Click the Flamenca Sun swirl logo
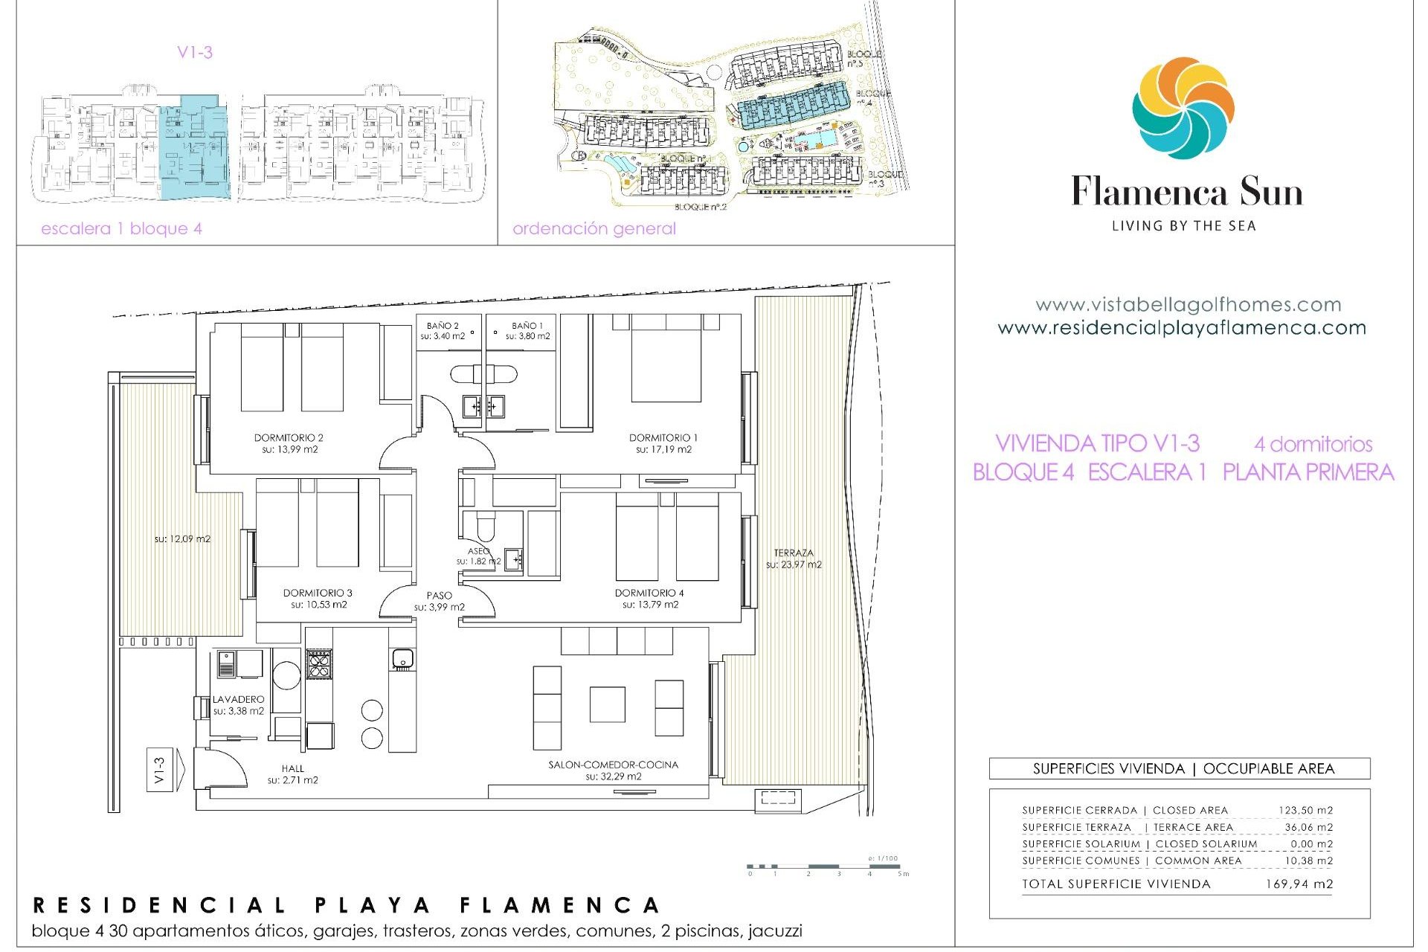coord(1183,109)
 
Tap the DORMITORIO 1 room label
coord(663,438)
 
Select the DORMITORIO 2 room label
coord(289,438)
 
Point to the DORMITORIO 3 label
coord(318,593)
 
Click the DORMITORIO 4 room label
coord(649,593)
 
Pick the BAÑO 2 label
coord(443,326)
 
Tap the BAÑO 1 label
coord(527,326)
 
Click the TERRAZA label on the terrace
coord(794,553)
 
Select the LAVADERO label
coord(238,699)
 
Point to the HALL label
coord(293,768)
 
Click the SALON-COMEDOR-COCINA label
coord(613,765)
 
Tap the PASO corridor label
coord(440,595)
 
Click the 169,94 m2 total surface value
coord(1299,884)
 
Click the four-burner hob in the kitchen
coord(319,663)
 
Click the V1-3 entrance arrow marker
coord(160,770)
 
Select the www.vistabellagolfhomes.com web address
coord(1188,304)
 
